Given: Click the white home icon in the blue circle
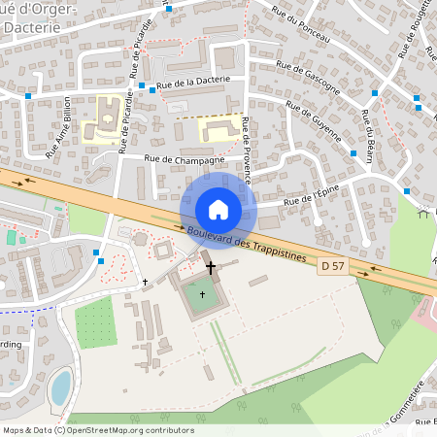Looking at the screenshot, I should coord(218,209).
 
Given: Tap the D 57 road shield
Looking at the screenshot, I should coord(332,265).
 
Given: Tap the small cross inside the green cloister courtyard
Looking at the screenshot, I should coord(203,293).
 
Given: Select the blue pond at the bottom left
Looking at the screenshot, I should coord(60,387).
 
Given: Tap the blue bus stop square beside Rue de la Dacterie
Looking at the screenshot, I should coord(142,85).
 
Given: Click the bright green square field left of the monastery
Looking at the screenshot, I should coord(96,322).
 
